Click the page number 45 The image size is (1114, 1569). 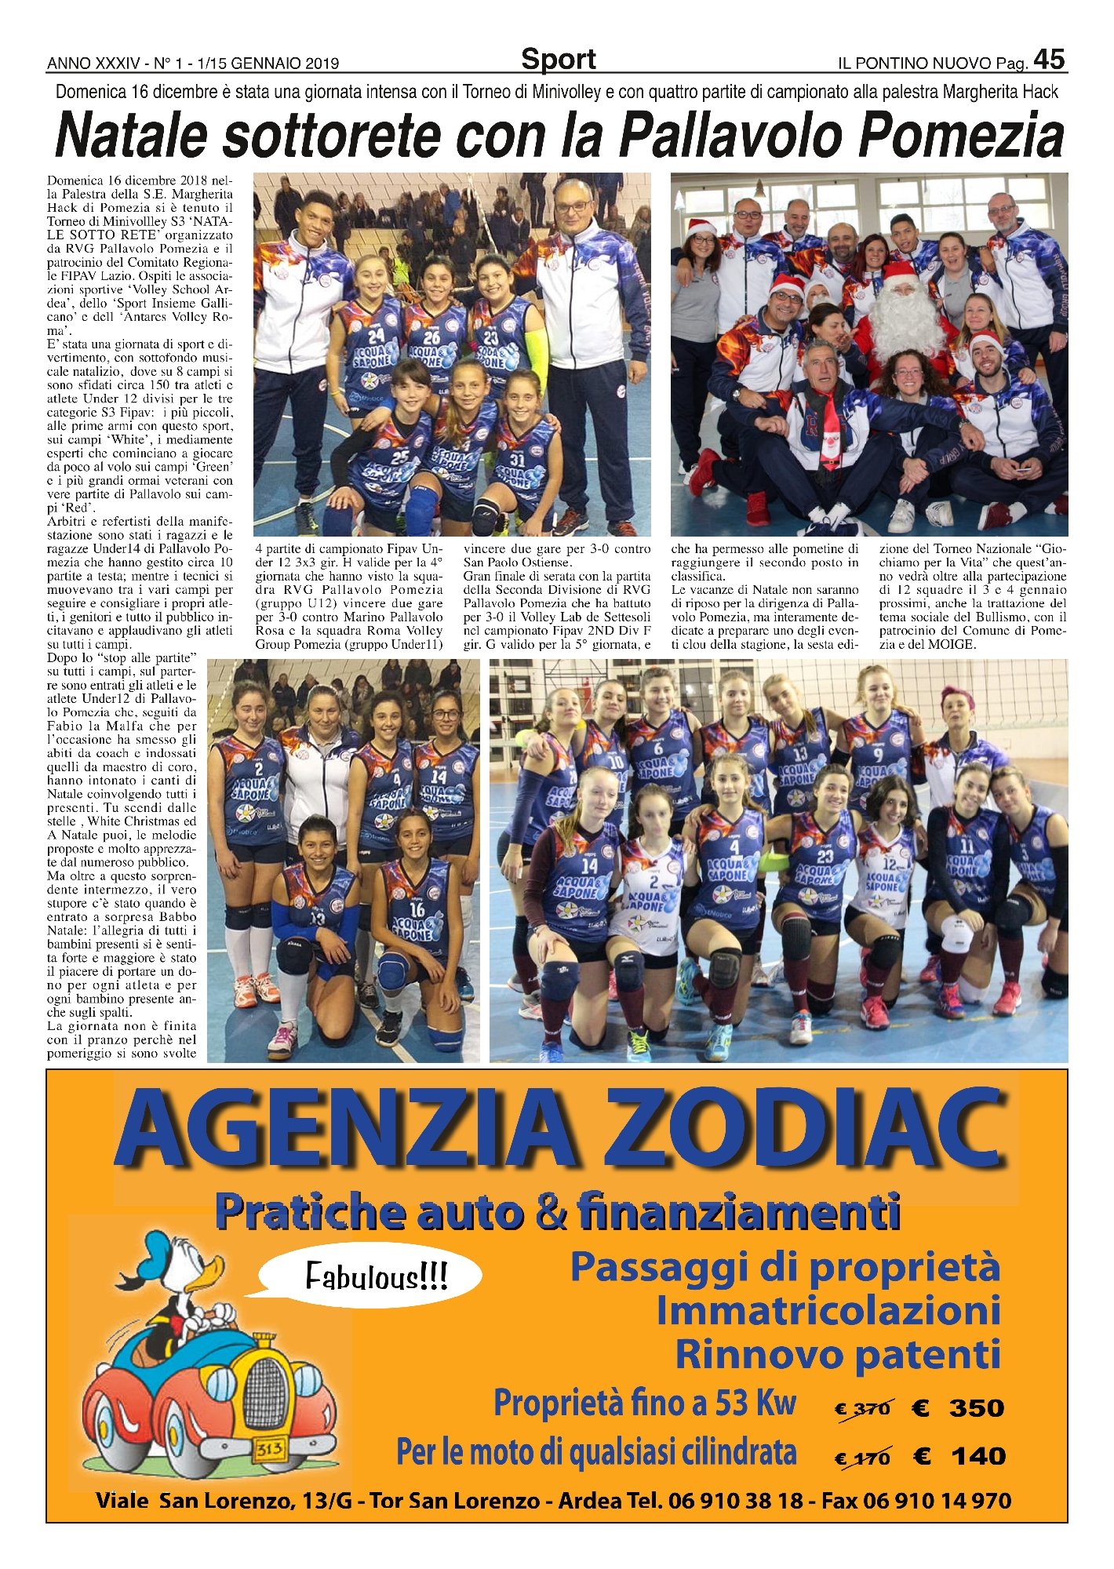tap(1049, 60)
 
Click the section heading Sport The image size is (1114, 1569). tap(558, 60)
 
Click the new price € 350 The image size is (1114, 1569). tap(958, 1408)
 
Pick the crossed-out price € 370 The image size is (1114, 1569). tap(862, 1409)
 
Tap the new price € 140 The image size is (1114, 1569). tap(959, 1457)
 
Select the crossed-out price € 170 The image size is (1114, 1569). tap(862, 1458)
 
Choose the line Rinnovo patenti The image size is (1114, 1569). tap(838, 1355)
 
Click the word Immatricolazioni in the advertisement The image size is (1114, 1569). tap(828, 1311)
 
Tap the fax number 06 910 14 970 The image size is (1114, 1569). tap(937, 1502)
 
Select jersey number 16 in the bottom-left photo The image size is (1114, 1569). tap(417, 909)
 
